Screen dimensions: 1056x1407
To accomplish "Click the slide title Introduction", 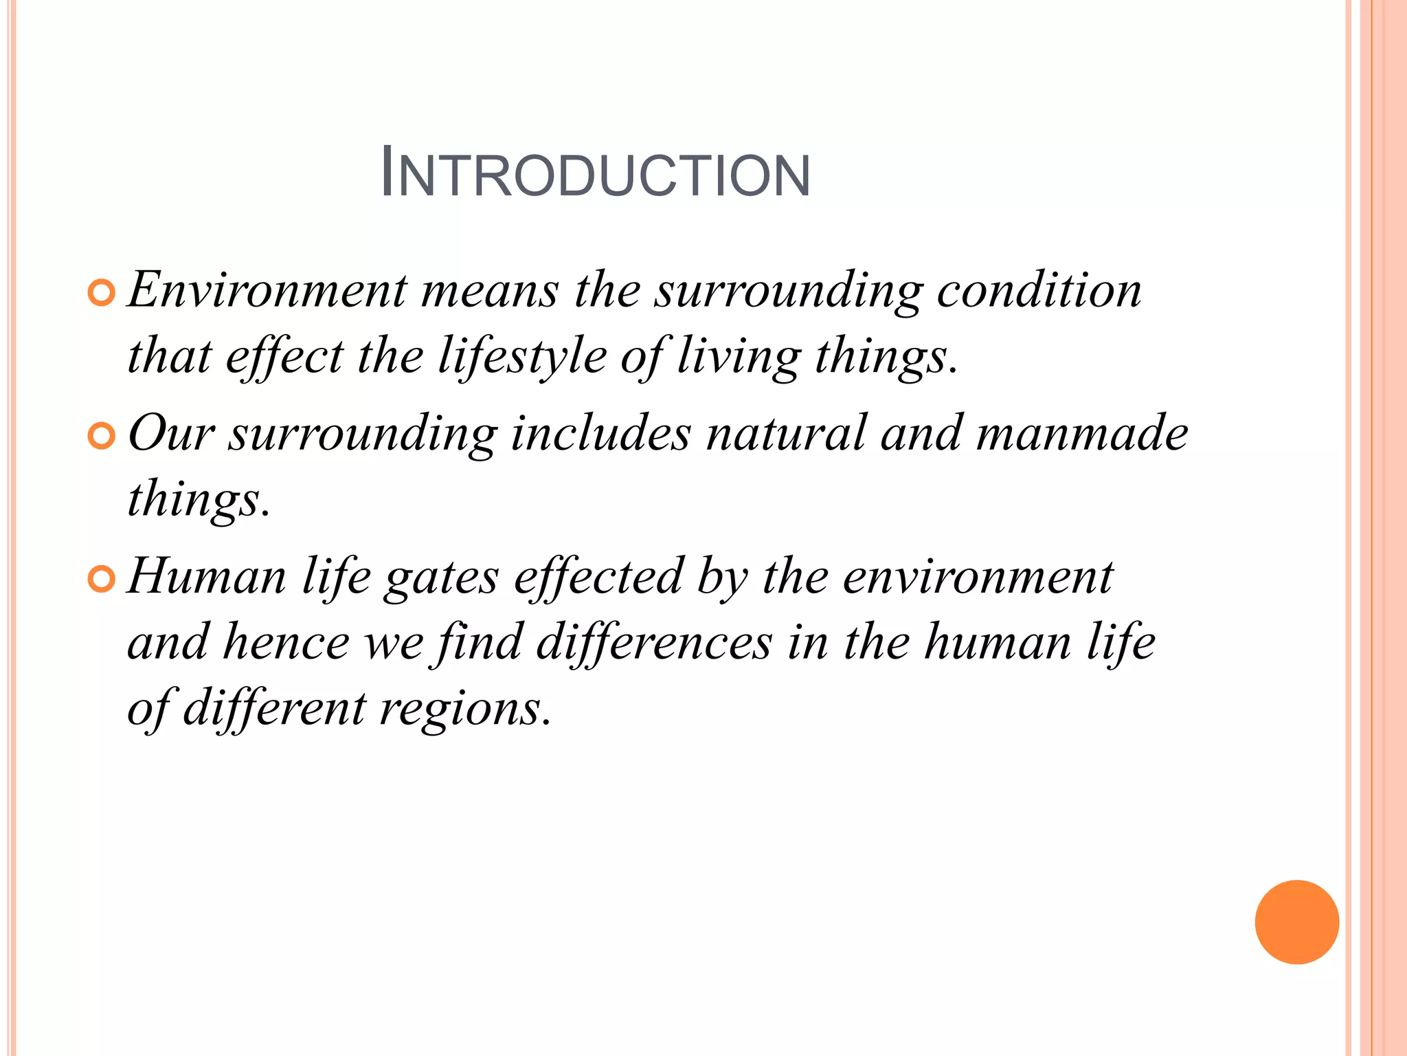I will pyautogui.click(x=595, y=174).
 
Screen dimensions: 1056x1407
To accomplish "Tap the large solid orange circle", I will pyautogui.click(x=1296, y=921).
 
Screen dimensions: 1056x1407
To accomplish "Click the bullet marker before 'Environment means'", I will pyautogui.click(x=101, y=294).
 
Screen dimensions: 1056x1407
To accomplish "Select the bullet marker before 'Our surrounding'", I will pyautogui.click(x=101, y=437).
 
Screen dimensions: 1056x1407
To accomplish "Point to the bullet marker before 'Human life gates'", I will pyautogui.click(x=101, y=580).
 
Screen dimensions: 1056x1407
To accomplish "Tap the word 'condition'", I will pyautogui.click(x=1039, y=290).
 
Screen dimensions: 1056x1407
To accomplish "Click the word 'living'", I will pyautogui.click(x=739, y=357).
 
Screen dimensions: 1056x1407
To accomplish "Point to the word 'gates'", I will pyautogui.click(x=441, y=577).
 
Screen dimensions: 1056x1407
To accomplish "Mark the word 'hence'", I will pyautogui.click(x=286, y=642).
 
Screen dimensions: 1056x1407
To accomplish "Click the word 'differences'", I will pyautogui.click(x=653, y=642).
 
